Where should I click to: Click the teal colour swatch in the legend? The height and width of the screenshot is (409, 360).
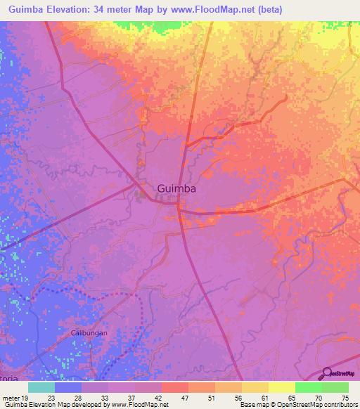41,387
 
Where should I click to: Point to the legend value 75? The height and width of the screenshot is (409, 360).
345,398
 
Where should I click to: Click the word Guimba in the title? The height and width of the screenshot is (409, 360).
30,9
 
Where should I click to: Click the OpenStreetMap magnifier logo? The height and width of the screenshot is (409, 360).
326,374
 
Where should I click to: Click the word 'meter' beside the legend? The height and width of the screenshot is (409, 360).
12,398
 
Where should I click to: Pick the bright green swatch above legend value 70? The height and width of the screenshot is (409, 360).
309,387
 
